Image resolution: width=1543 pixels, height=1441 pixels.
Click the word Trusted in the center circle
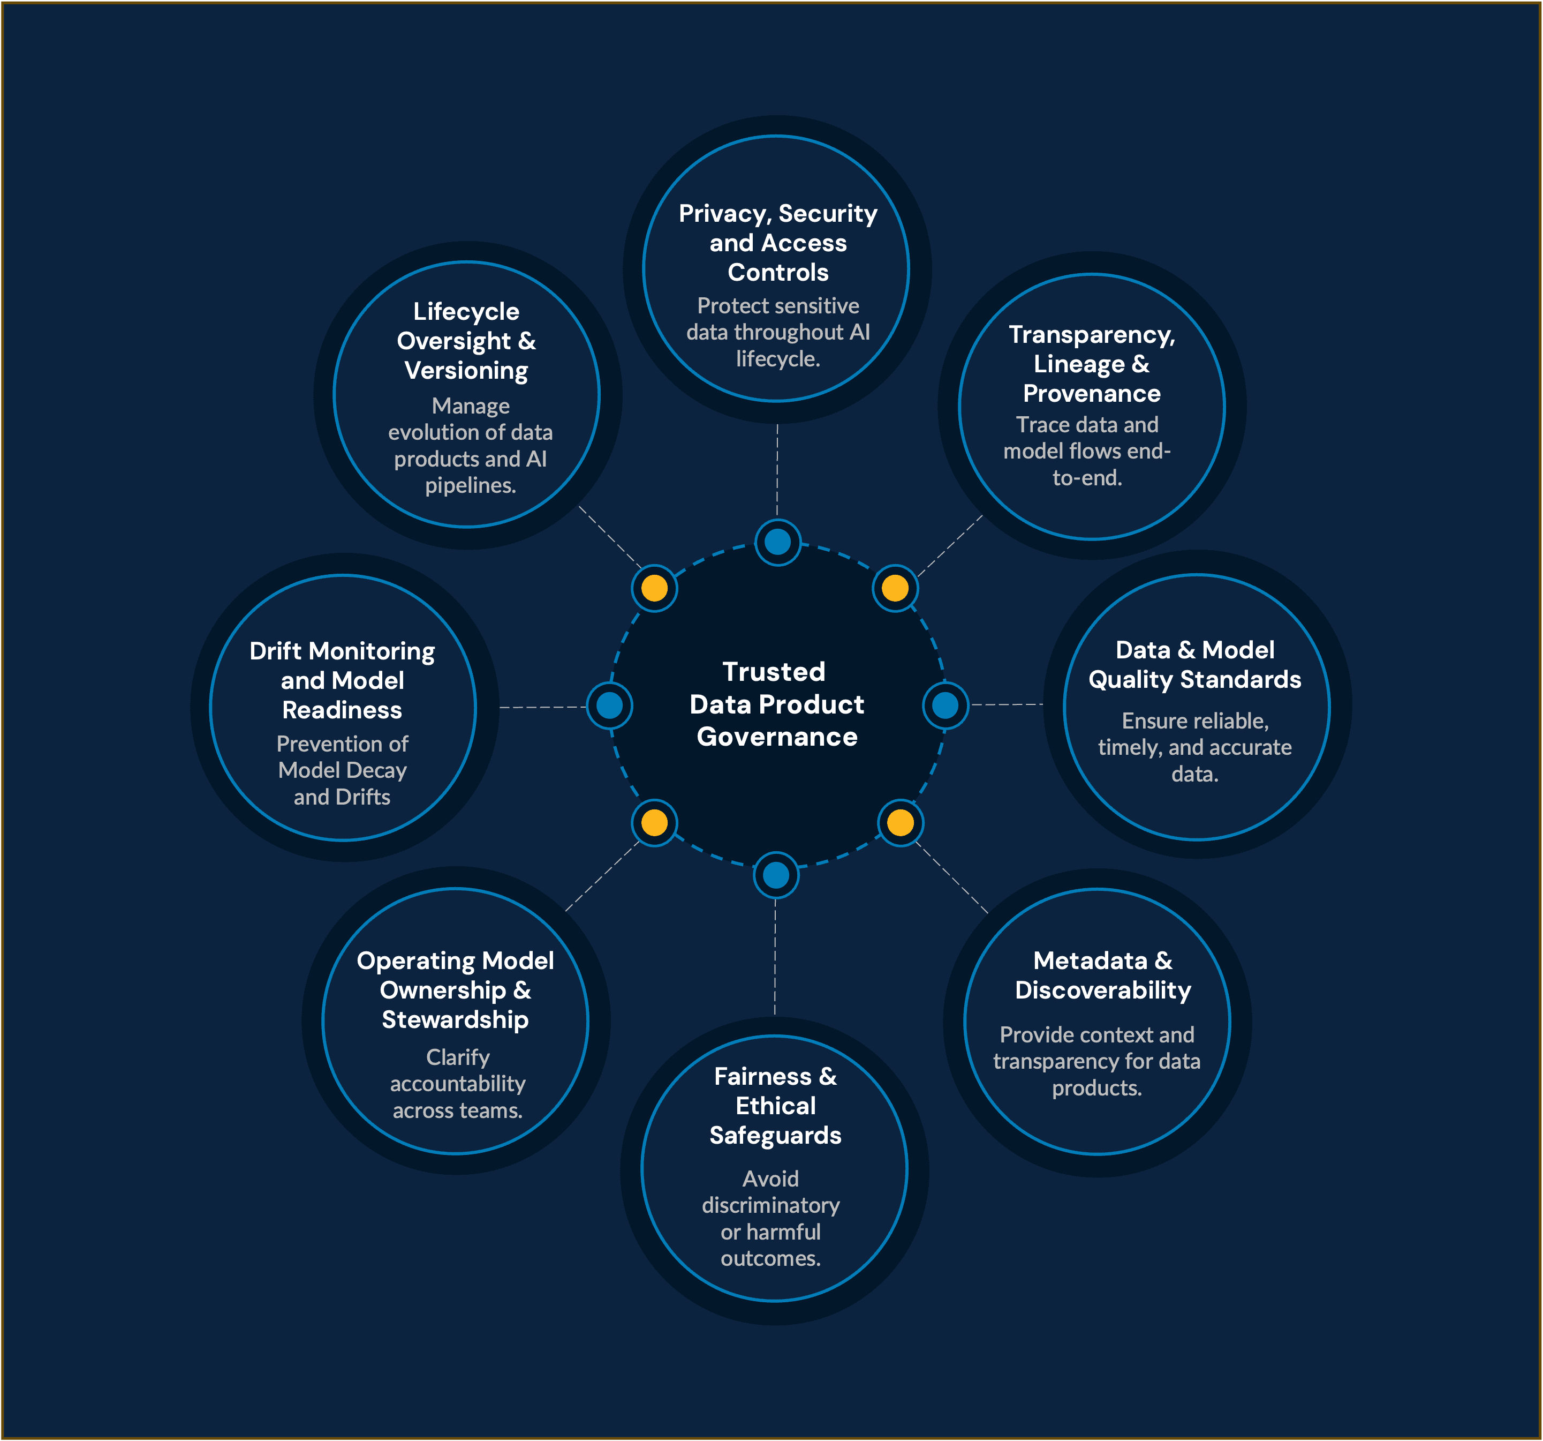coord(774,672)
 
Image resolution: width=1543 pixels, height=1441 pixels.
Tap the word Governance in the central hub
coord(777,737)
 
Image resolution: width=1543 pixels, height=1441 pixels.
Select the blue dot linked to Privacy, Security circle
coord(777,542)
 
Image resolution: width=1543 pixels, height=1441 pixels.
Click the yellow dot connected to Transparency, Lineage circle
coord(895,588)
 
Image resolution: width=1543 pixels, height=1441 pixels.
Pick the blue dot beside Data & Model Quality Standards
coord(944,705)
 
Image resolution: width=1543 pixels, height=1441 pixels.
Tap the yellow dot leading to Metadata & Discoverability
coord(901,822)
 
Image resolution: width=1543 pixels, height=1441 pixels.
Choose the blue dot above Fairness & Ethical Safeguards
coord(775,875)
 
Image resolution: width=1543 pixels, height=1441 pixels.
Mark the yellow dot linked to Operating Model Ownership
coord(654,822)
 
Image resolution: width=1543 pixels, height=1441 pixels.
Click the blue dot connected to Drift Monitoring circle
coord(609,705)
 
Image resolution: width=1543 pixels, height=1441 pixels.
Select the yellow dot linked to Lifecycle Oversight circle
coord(654,588)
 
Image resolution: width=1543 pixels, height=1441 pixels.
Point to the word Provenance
coord(1091,394)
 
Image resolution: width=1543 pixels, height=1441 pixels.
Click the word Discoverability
coord(1102,990)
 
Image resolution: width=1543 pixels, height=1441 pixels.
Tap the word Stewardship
coord(455,1019)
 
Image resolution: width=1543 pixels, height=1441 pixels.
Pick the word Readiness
coord(342,710)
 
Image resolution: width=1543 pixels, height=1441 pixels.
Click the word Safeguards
coord(775,1136)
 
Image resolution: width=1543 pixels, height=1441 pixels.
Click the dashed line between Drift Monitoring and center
coord(543,707)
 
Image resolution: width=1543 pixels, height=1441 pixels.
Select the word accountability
coord(457,1084)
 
